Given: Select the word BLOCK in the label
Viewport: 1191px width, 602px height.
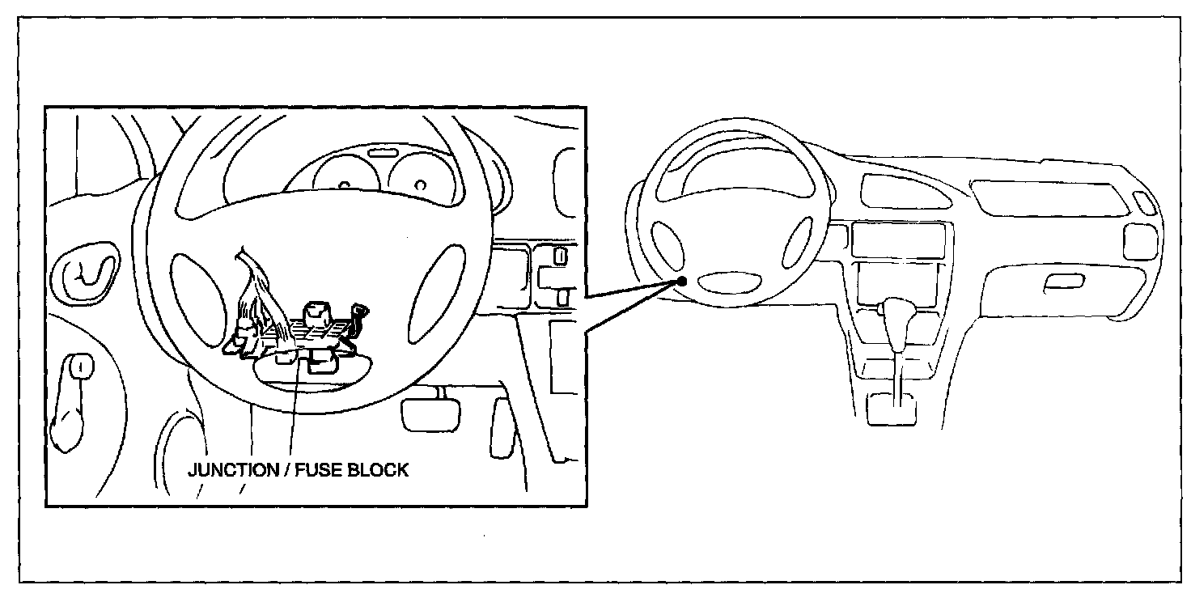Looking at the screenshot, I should (x=379, y=470).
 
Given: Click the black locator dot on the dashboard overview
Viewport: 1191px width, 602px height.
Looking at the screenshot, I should (x=683, y=281).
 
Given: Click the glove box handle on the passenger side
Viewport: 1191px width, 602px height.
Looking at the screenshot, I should (x=1063, y=282).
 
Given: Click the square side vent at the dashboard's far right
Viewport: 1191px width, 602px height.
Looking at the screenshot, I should (x=1140, y=240).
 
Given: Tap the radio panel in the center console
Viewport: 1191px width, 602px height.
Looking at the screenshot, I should (x=898, y=240).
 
